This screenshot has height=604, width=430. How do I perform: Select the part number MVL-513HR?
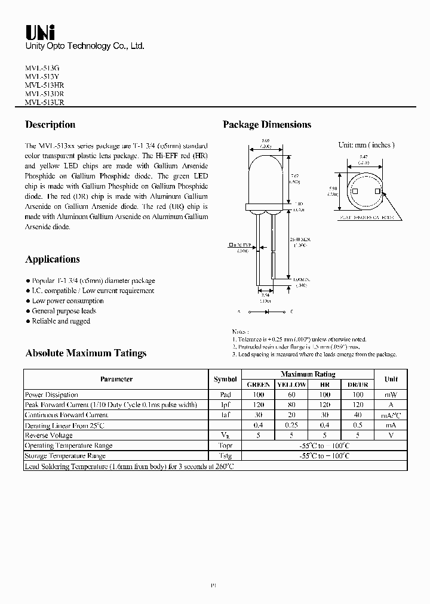(x=45, y=85)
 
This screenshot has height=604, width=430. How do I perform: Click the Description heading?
(x=50, y=125)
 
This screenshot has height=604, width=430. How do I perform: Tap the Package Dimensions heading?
(x=267, y=125)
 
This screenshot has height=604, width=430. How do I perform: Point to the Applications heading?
(x=53, y=259)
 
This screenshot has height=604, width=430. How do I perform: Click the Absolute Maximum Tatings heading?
(x=86, y=353)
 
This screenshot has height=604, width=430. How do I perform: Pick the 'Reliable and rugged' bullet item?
(x=61, y=321)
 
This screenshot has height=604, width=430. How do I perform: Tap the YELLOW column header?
(x=291, y=385)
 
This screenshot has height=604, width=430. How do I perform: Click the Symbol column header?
(x=225, y=380)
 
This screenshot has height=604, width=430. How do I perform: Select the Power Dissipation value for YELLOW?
(x=291, y=395)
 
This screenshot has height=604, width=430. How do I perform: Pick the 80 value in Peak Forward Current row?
(x=291, y=405)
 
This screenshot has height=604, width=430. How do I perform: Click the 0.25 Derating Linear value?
(x=291, y=426)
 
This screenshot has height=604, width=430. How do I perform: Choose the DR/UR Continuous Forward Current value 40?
(x=358, y=415)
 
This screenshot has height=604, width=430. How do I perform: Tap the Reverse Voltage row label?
(x=50, y=436)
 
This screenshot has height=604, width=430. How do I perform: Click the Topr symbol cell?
(x=225, y=446)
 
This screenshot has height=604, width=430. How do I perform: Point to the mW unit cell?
(x=391, y=395)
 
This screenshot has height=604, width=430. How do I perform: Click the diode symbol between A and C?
(x=265, y=312)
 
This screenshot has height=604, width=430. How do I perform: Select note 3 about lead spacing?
(x=314, y=355)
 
